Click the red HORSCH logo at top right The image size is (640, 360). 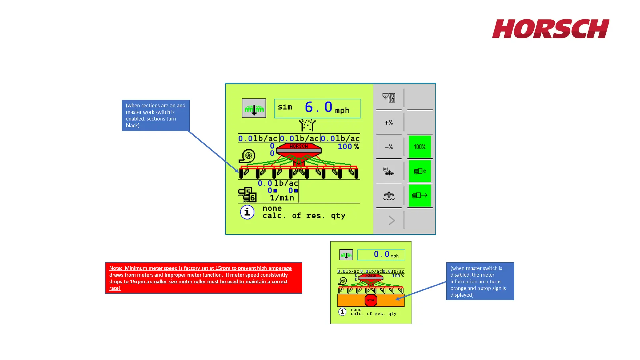pyautogui.click(x=550, y=29)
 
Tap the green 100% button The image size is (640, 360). pyautogui.click(x=419, y=147)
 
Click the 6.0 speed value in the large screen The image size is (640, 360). pyautogui.click(x=318, y=107)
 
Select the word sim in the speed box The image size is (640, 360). pyautogui.click(x=285, y=107)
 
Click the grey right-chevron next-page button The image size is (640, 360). pyautogui.click(x=391, y=220)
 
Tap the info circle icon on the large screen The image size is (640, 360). pyautogui.click(x=247, y=212)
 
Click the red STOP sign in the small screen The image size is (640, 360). pyautogui.click(x=371, y=300)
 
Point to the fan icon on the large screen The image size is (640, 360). pyautogui.click(x=247, y=156)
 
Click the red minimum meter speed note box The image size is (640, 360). pyautogui.click(x=204, y=278)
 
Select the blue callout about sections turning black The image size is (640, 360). pyautogui.click(x=156, y=115)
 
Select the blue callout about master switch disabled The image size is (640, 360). pyautogui.click(x=480, y=281)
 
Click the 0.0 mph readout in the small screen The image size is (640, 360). pyautogui.click(x=381, y=255)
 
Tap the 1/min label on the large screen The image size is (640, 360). pyautogui.click(x=282, y=198)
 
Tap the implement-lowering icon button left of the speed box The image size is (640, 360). pyautogui.click(x=254, y=108)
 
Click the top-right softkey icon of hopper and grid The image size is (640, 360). pyautogui.click(x=389, y=98)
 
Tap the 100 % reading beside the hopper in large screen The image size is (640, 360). pyautogui.click(x=348, y=147)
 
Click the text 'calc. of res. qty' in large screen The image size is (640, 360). pyautogui.click(x=304, y=216)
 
